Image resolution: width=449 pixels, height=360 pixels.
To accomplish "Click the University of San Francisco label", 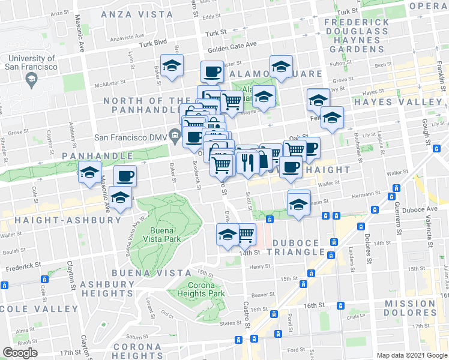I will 31,63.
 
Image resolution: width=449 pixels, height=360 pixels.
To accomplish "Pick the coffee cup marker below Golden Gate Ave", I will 212,73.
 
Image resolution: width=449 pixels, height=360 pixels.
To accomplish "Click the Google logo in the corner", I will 20,352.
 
